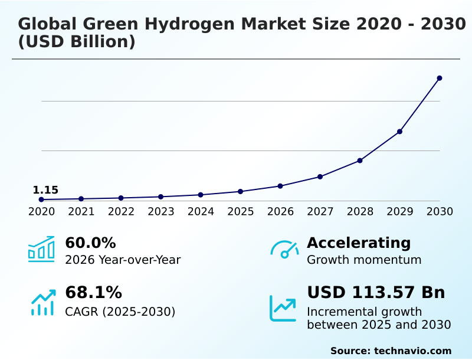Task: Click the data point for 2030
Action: pyautogui.click(x=440, y=78)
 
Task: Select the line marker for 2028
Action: pyautogui.click(x=360, y=161)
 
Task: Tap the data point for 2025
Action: pyautogui.click(x=241, y=191)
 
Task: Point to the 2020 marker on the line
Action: pyautogui.click(x=41, y=199)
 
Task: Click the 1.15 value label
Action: pyautogui.click(x=45, y=190)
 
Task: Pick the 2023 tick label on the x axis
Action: pyautogui.click(x=161, y=211)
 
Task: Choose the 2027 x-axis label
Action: pyautogui.click(x=320, y=211)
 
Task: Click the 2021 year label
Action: pyautogui.click(x=81, y=211)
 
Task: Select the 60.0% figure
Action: pyautogui.click(x=90, y=243)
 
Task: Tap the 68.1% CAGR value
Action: pyautogui.click(x=93, y=292)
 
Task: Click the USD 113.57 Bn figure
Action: pyautogui.click(x=376, y=292)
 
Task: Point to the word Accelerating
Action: pyautogui.click(x=359, y=243)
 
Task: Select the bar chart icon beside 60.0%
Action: pyautogui.click(x=41, y=249)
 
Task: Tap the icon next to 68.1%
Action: pyautogui.click(x=42, y=302)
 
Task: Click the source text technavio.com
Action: pyautogui.click(x=412, y=351)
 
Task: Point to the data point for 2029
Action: pyautogui.click(x=399, y=132)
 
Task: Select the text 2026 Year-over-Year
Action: pyautogui.click(x=123, y=260)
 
